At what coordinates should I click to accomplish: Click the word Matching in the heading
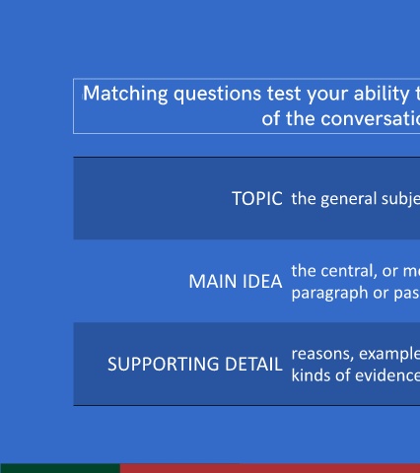tap(125, 94)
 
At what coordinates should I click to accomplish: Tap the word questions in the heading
tap(217, 95)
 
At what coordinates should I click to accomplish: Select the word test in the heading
tap(284, 94)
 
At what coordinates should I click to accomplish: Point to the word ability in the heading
tap(382, 95)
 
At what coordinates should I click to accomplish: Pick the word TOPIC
tap(257, 199)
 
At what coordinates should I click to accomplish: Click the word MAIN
tap(213, 282)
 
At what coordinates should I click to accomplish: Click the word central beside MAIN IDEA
tap(349, 271)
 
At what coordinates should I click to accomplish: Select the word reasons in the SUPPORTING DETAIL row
tap(322, 355)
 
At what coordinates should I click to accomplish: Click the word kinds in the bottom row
tap(311, 375)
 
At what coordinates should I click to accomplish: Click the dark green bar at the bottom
tap(60, 468)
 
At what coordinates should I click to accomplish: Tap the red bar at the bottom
tap(270, 468)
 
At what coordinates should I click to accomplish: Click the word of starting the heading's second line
tap(271, 118)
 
